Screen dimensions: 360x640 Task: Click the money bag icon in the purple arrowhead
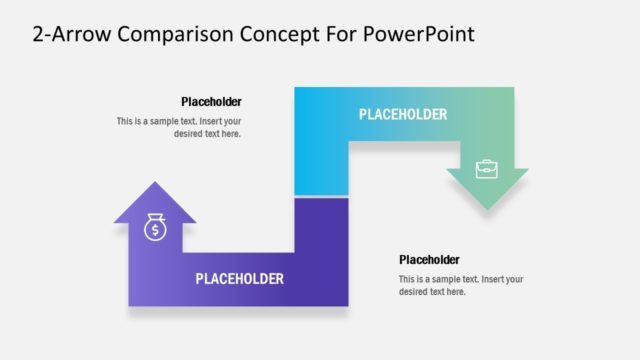pyautogui.click(x=155, y=228)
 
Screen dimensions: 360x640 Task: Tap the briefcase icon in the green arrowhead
pyautogui.click(x=487, y=168)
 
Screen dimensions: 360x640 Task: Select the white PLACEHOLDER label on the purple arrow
pyautogui.click(x=239, y=279)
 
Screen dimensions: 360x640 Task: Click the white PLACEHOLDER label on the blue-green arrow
pyautogui.click(x=403, y=114)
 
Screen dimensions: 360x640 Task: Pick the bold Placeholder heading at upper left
pyautogui.click(x=211, y=101)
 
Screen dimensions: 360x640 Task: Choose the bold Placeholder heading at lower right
pyautogui.click(x=429, y=259)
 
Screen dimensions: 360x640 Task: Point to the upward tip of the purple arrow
pyautogui.click(x=155, y=184)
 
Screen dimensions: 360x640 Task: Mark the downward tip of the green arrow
pyautogui.click(x=487, y=208)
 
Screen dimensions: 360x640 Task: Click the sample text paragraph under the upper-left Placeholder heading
pyautogui.click(x=180, y=127)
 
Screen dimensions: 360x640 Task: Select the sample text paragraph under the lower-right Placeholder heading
pyautogui.click(x=461, y=285)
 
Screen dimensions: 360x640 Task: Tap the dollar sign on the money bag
pyautogui.click(x=155, y=231)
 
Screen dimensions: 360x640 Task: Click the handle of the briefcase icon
pyautogui.click(x=487, y=161)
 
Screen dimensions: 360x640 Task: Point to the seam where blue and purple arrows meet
pyautogui.click(x=321, y=197)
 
